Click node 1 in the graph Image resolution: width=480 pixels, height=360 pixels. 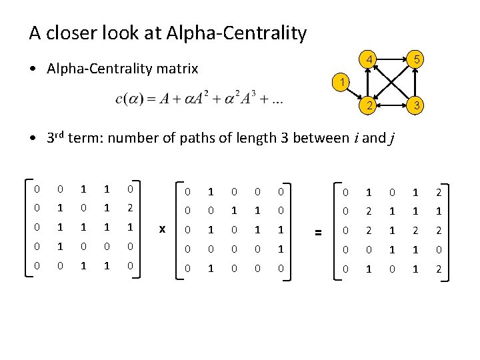(341, 83)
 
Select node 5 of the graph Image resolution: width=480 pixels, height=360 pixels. (415, 60)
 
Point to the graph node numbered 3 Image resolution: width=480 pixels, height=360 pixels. (415, 106)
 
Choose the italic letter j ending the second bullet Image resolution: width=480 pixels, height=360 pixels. (391, 139)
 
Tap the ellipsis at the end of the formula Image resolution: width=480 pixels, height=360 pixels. (276, 101)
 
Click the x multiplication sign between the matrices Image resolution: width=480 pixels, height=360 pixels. (162, 229)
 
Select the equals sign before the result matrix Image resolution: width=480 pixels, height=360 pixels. (318, 231)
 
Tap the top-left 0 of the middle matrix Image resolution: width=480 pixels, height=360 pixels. (188, 192)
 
